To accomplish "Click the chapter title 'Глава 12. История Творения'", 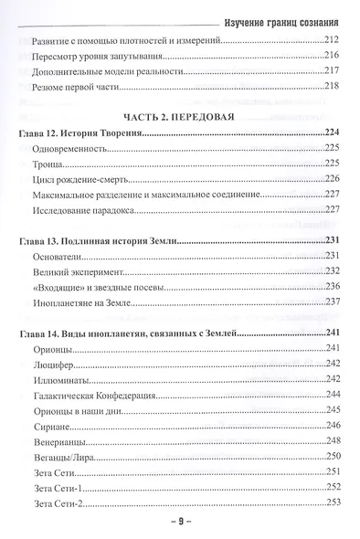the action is click(82, 134).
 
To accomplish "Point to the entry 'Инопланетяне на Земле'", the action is click(85, 302).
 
